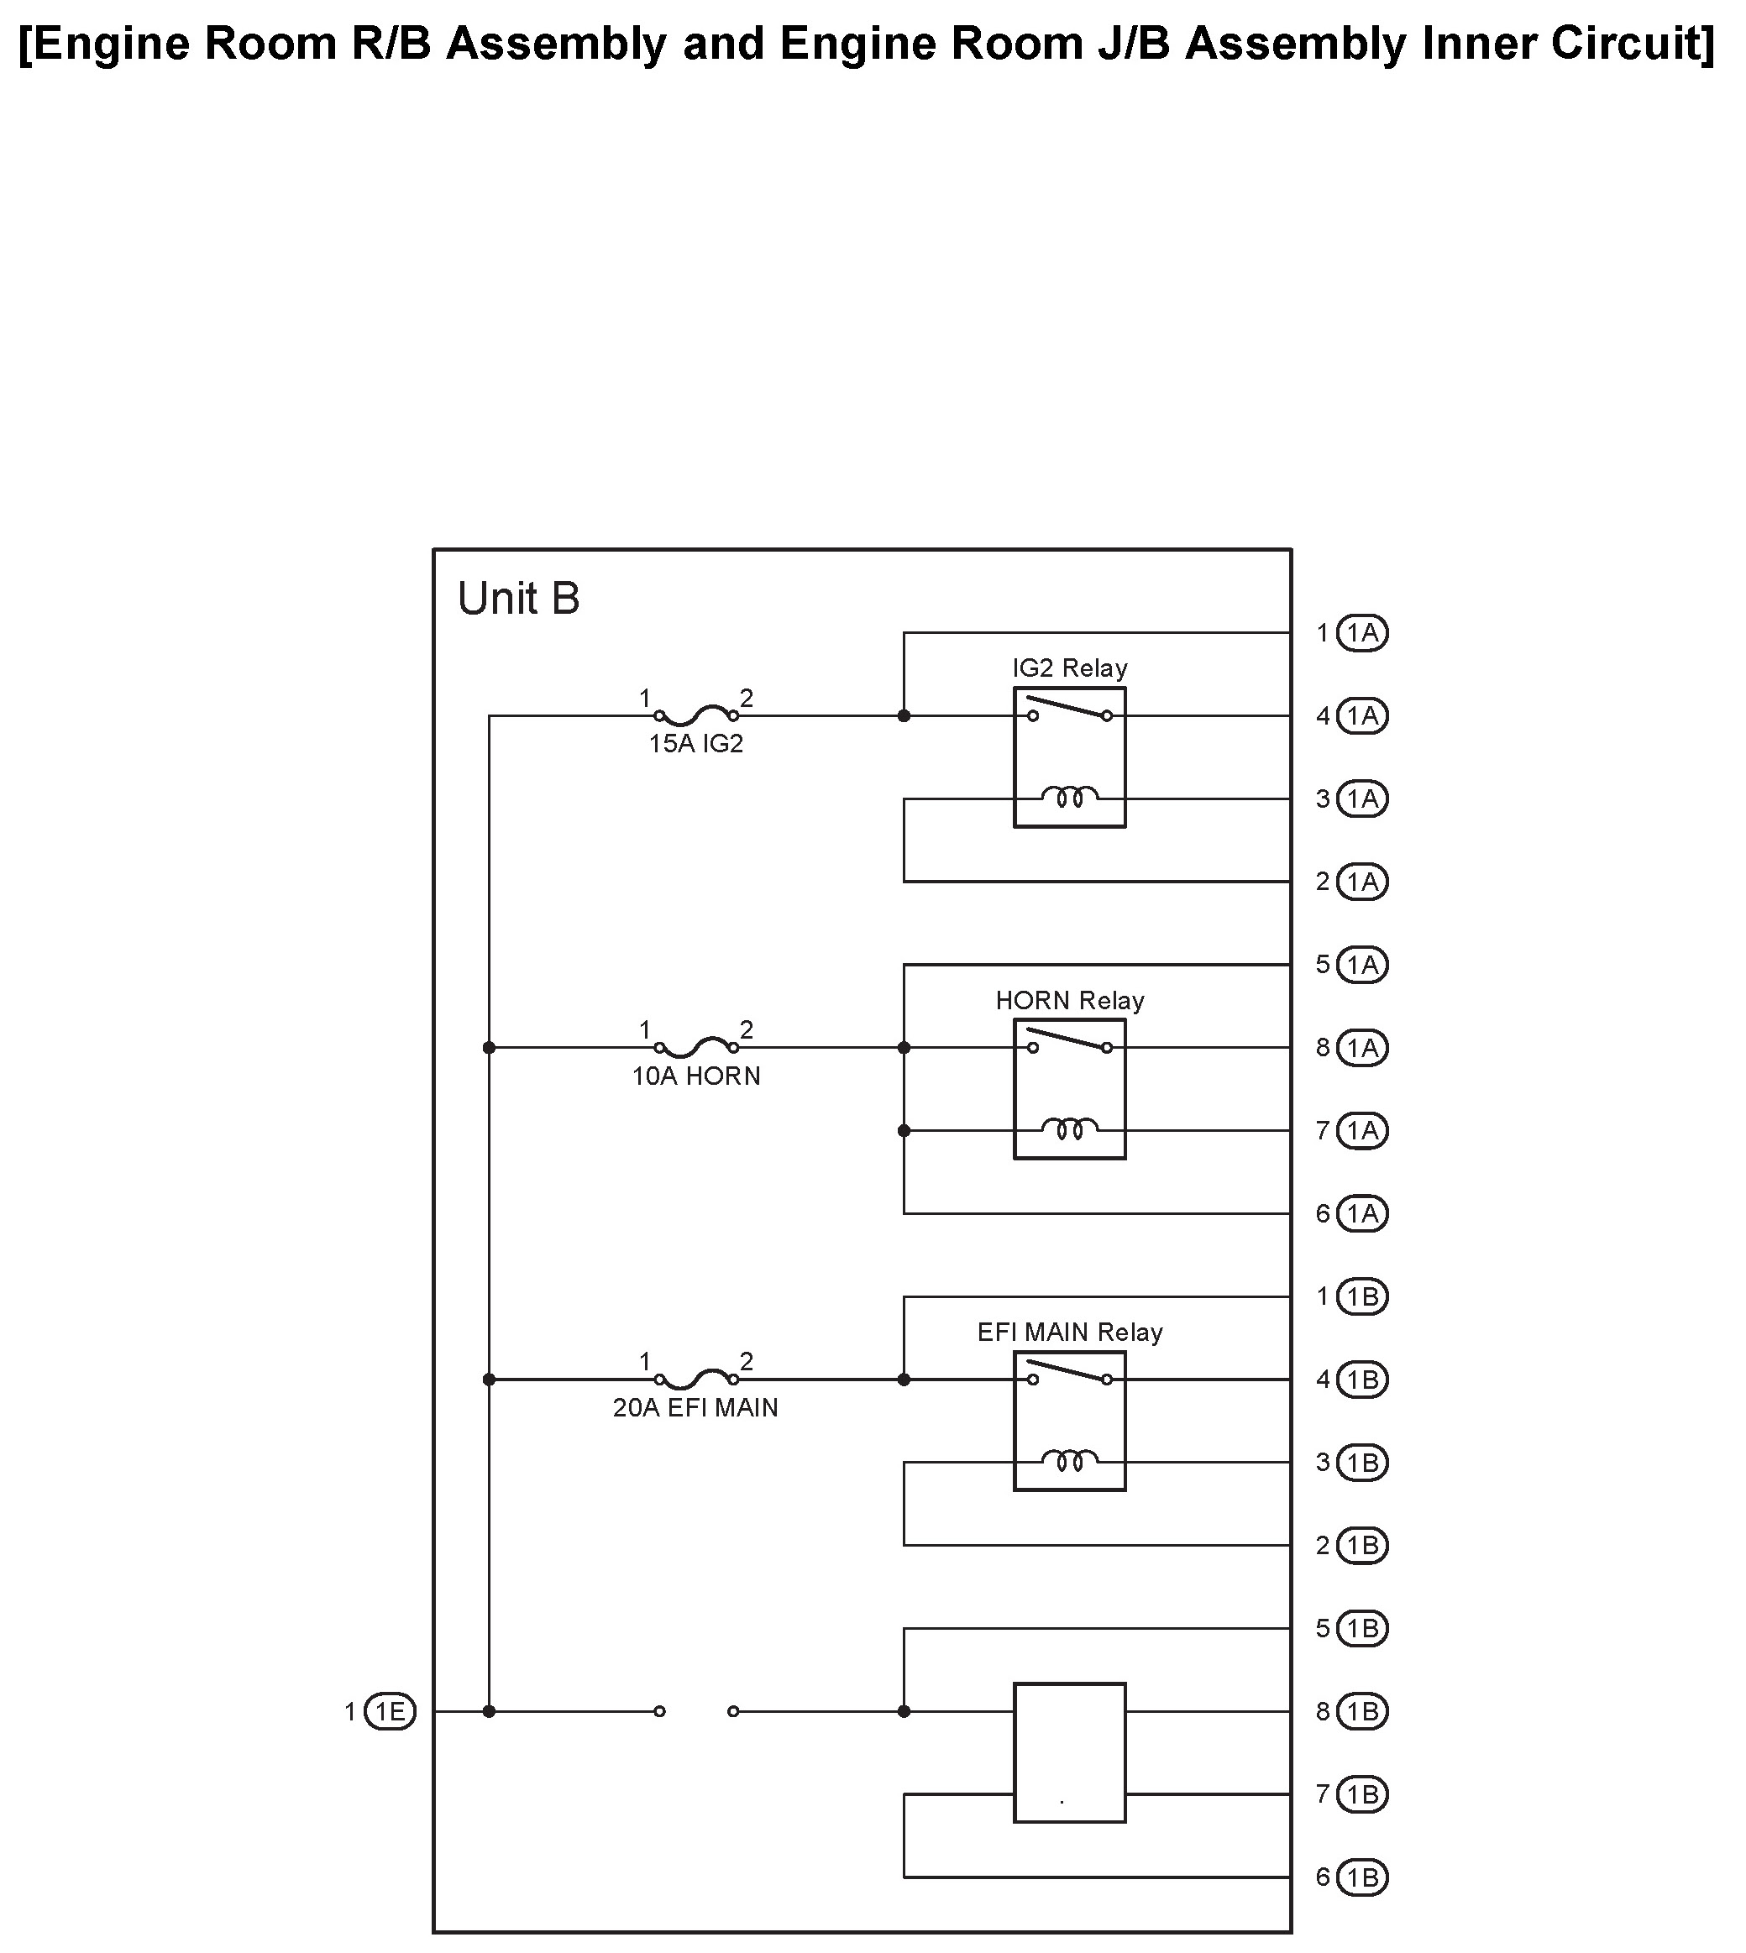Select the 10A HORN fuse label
click(x=695, y=1076)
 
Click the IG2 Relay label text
click(x=1070, y=668)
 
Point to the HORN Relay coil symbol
click(x=1070, y=1129)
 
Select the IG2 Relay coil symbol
click(x=1070, y=797)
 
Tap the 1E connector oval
click(x=391, y=1711)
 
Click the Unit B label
click(x=519, y=599)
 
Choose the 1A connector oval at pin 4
click(x=1362, y=715)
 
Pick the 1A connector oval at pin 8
click(x=1362, y=1048)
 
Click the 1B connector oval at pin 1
click(x=1362, y=1297)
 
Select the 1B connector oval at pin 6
click(x=1362, y=1877)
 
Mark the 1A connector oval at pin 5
click(x=1362, y=964)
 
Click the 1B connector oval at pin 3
click(x=1362, y=1463)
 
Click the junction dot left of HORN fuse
click(x=490, y=1048)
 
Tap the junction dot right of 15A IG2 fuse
click(x=904, y=715)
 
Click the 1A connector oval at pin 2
click(x=1362, y=882)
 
